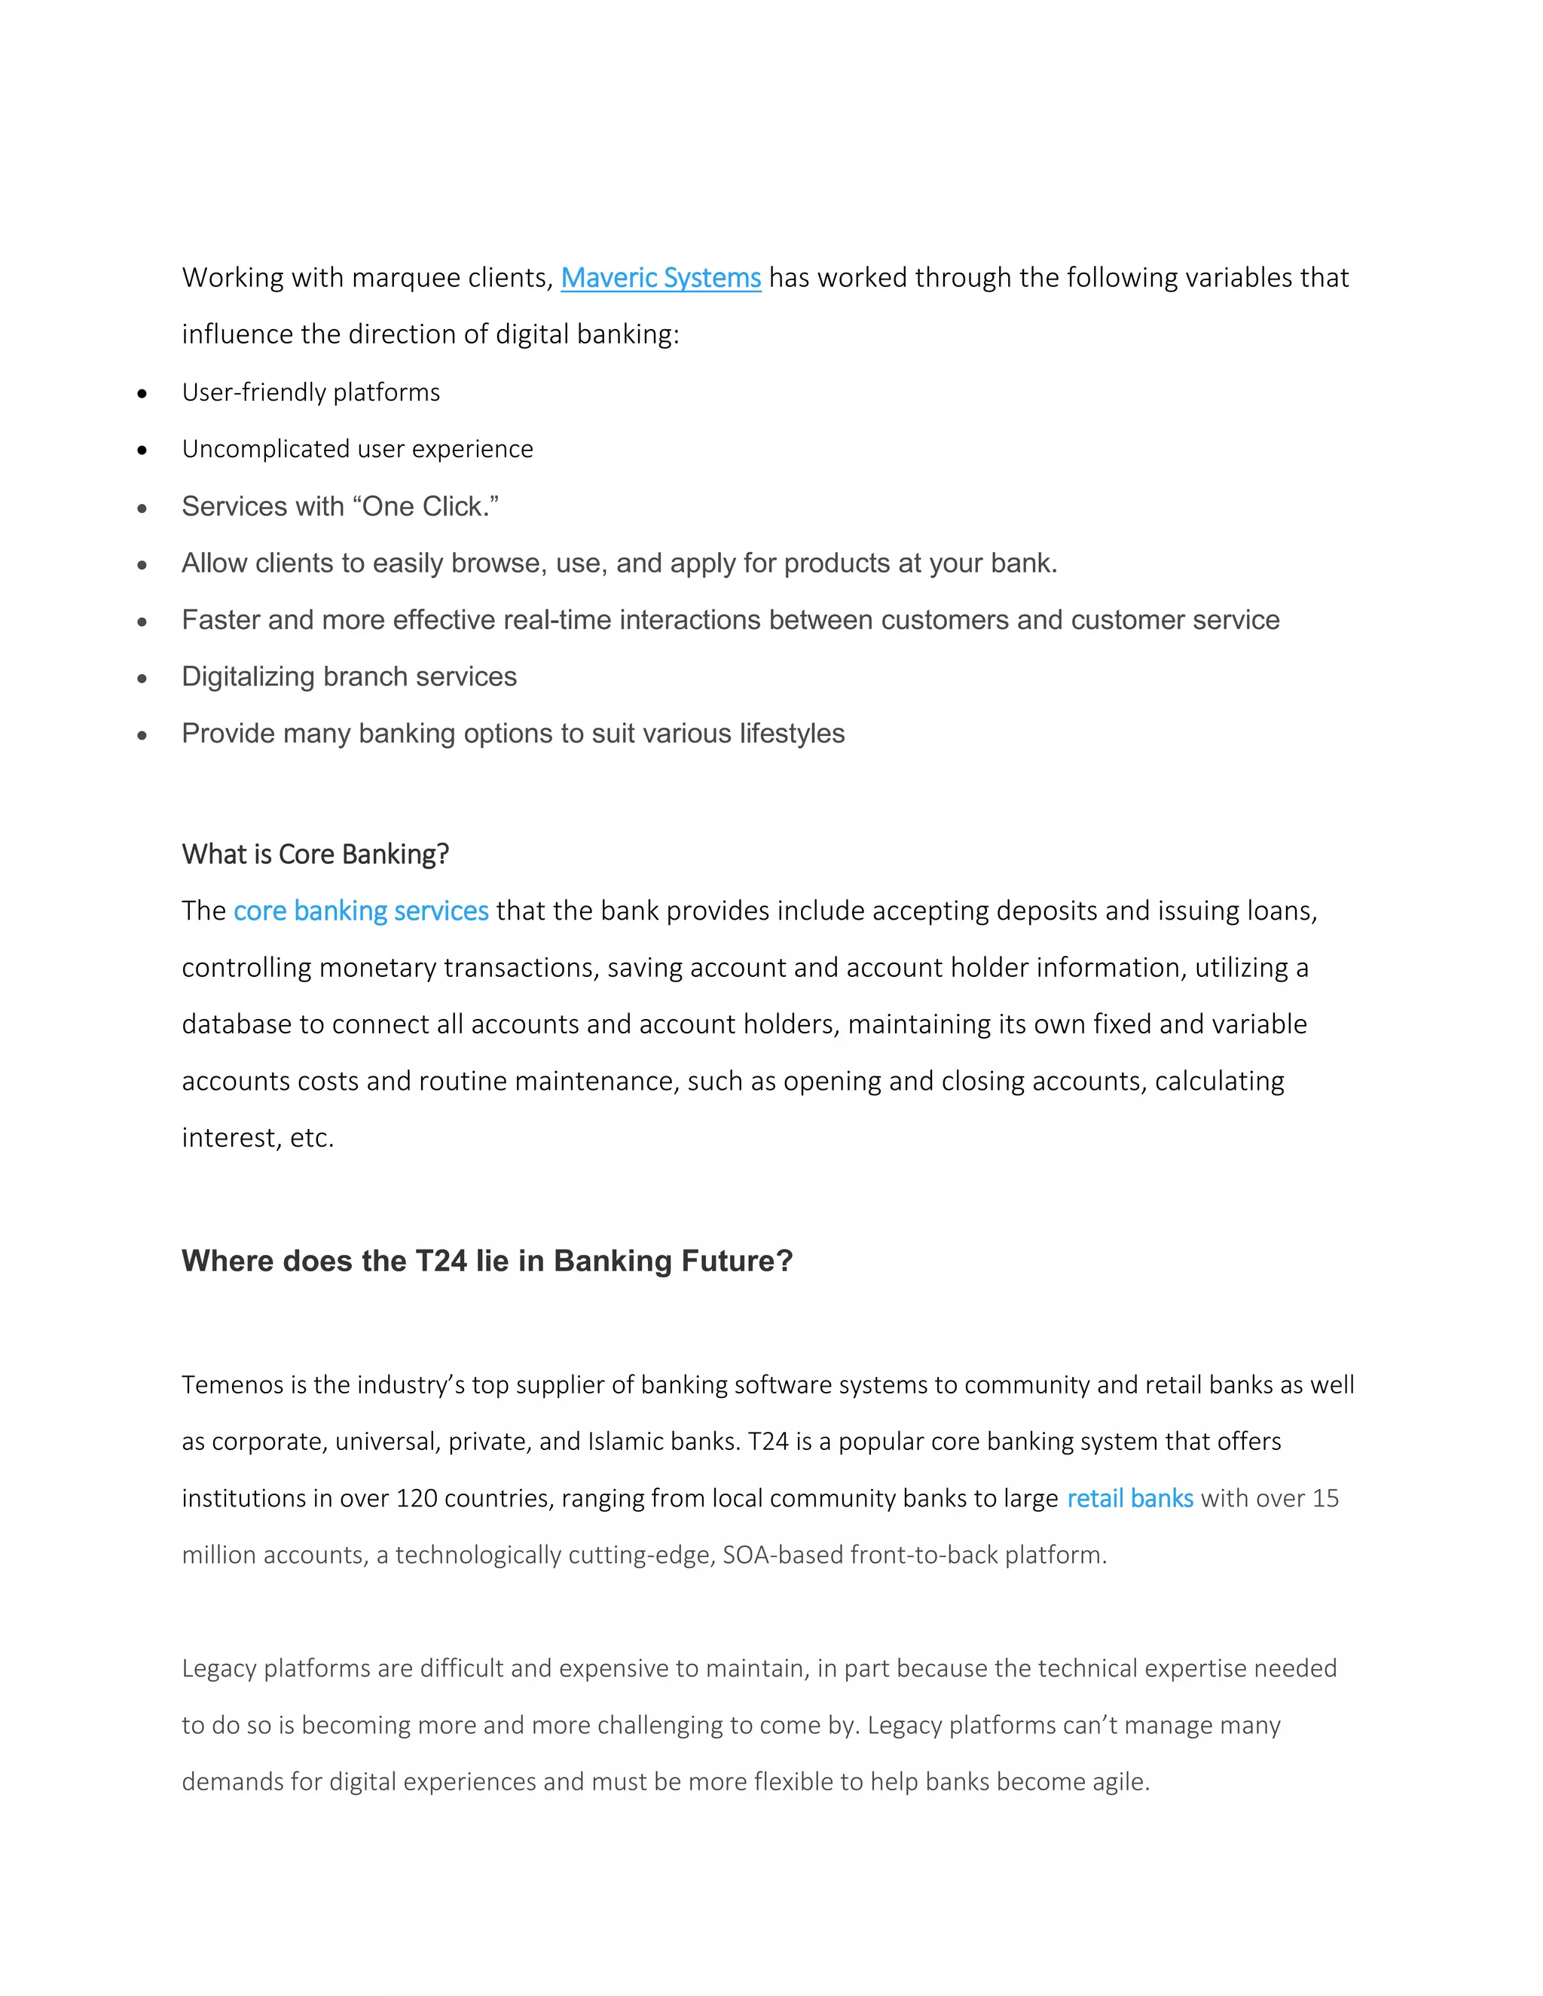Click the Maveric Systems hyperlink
coord(660,278)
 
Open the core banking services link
coord(361,911)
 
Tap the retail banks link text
coord(1130,1499)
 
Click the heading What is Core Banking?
coord(316,855)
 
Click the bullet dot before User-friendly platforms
coord(142,395)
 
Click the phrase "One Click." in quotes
coord(425,507)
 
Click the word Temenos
coord(232,1385)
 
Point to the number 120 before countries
coord(416,1499)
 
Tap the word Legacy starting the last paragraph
coord(218,1669)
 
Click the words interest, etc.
coord(258,1138)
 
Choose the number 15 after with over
coord(1325,1499)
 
